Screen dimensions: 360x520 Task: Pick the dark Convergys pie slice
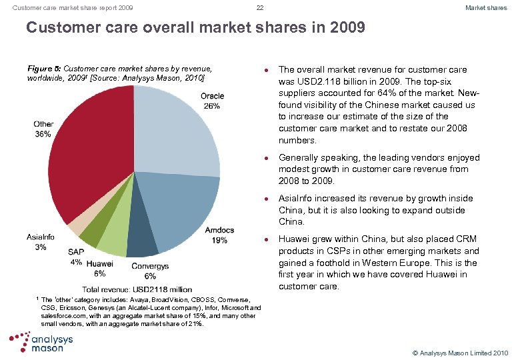click(142, 243)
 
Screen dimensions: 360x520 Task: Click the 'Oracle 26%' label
click(212, 101)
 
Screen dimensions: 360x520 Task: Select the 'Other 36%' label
click(43, 129)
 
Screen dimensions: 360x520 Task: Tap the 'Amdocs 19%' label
click(219, 235)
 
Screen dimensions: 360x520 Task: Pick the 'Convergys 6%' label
click(150, 271)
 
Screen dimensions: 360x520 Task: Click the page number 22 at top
click(259, 8)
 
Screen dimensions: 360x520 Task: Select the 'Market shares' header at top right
click(486, 8)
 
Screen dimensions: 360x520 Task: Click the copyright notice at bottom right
click(461, 352)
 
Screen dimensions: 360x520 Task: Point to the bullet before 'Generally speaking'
click(265, 159)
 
